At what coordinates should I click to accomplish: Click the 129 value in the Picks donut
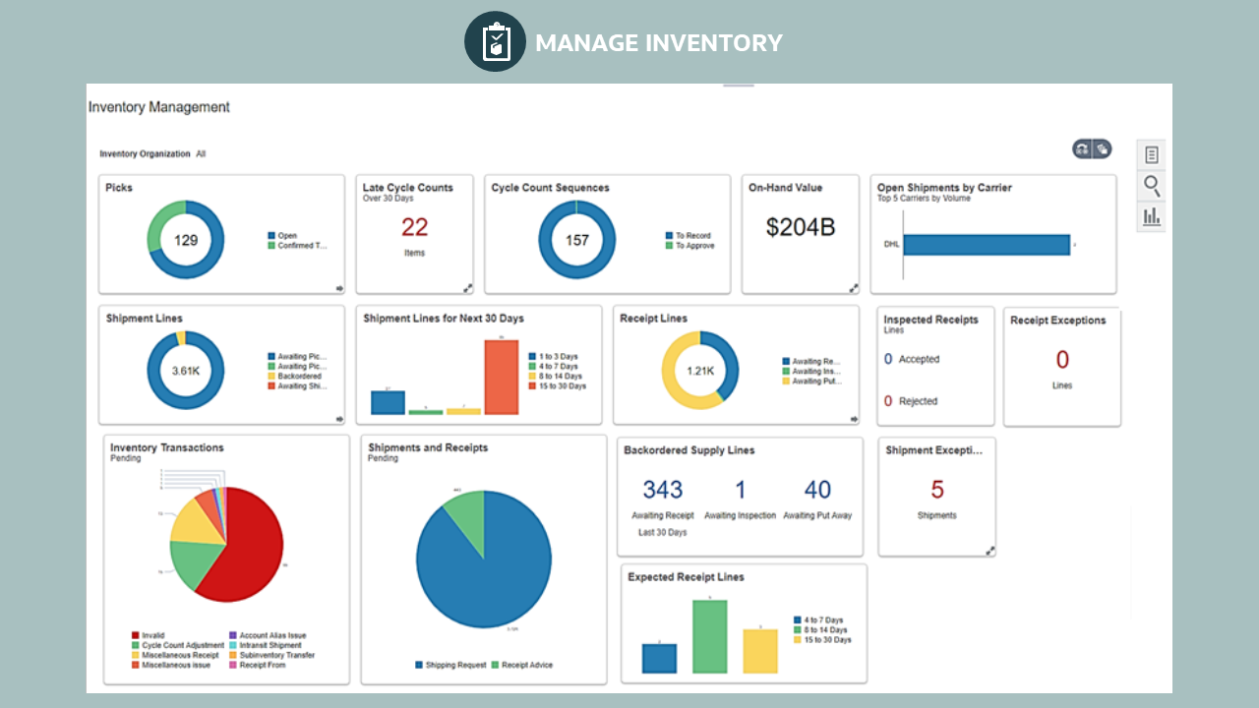point(186,240)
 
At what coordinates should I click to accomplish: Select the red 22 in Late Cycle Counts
point(414,227)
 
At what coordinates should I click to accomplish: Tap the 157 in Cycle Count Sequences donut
point(576,240)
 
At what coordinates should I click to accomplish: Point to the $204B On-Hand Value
point(801,227)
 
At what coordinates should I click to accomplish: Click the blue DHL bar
point(986,245)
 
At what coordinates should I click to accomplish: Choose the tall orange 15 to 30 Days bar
point(501,377)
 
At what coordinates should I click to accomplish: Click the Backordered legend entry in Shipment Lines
point(299,377)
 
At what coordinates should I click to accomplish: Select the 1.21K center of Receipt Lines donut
point(700,371)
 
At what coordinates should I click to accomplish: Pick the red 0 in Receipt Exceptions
point(1062,360)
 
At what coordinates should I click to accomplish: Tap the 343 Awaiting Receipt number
point(663,490)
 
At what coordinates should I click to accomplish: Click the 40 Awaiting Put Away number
point(817,490)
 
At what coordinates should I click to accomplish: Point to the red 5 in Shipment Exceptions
point(937,490)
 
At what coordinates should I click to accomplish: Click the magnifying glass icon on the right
point(1151,185)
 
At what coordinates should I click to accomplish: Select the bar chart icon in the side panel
point(1151,216)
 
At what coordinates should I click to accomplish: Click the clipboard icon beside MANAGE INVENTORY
point(496,42)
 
